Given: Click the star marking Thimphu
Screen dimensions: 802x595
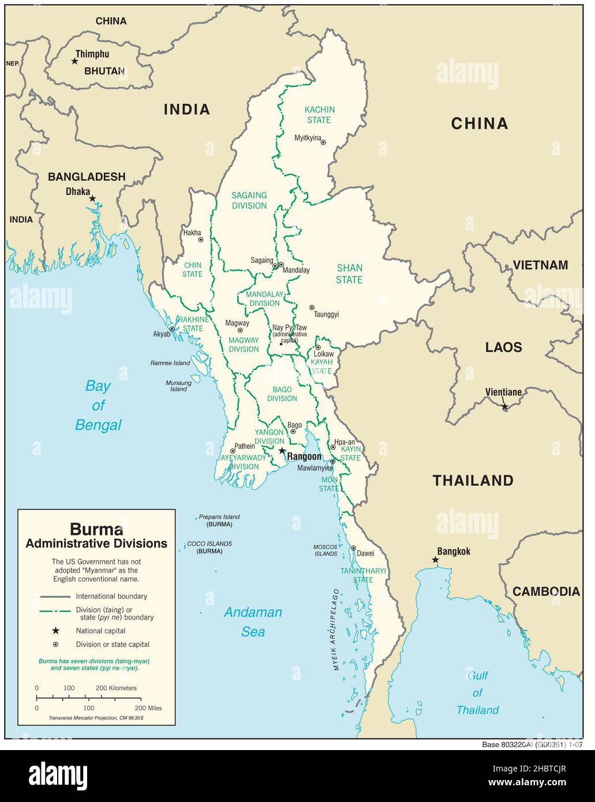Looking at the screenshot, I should click(74, 61).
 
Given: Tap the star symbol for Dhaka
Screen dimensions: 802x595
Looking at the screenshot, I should click(92, 198).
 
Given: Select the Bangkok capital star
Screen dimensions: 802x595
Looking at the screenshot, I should click(435, 560).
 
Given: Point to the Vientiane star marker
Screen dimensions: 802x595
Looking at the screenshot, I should click(504, 407).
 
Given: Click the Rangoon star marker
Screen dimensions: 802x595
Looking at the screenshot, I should click(282, 451).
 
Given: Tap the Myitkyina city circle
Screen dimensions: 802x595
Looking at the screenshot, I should click(323, 142).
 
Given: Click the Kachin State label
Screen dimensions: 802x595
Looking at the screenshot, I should click(319, 115).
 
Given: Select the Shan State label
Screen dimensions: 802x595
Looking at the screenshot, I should click(349, 273).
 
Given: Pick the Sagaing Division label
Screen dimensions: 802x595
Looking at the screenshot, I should click(249, 200).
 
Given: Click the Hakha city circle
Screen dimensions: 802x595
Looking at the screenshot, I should click(200, 239).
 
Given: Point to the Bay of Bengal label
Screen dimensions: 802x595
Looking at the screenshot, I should click(98, 405).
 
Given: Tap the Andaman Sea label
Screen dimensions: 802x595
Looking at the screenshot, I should click(253, 621).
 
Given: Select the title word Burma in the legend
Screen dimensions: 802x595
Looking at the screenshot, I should click(96, 529).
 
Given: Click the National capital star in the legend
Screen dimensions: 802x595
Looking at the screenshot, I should click(56, 631).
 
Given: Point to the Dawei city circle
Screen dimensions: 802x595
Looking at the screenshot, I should click(353, 548).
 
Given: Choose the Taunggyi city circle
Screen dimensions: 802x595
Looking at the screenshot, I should click(312, 308).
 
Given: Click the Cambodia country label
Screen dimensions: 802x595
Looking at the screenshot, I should click(546, 591).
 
